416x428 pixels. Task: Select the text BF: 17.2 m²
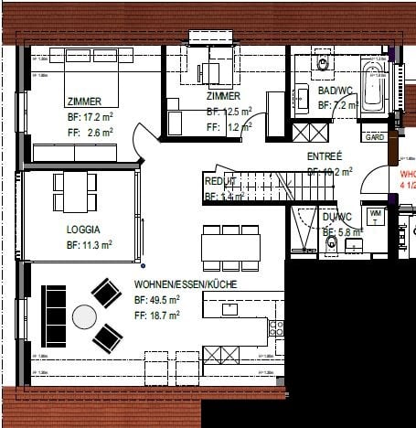pyautogui.click(x=89, y=117)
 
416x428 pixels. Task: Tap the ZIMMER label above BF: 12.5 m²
pyautogui.click(x=223, y=96)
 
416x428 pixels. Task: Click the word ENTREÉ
pyautogui.click(x=324, y=156)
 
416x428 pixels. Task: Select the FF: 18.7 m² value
pyautogui.click(x=156, y=314)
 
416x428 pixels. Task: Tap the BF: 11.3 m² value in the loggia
pyautogui.click(x=89, y=245)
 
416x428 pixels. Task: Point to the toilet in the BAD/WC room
pyautogui.click(x=322, y=63)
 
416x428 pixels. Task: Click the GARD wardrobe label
pyautogui.click(x=374, y=138)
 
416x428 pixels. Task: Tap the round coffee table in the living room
pyautogui.click(x=85, y=316)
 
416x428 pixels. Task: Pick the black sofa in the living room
pyautogui.click(x=54, y=316)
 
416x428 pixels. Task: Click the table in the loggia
pyautogui.click(x=73, y=191)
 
